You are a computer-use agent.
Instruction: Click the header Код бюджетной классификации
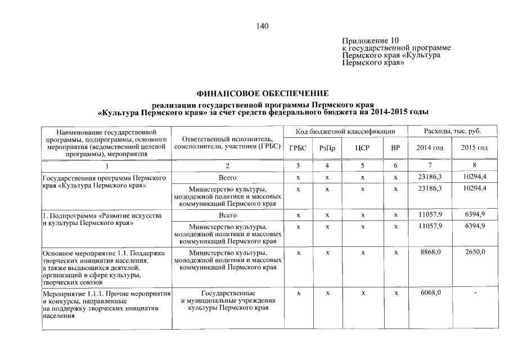click(346, 132)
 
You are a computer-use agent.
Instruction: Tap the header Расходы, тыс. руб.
click(452, 132)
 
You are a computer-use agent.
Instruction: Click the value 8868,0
click(431, 253)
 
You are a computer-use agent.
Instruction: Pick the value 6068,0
click(431, 293)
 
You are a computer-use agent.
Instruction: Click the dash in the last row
click(475, 293)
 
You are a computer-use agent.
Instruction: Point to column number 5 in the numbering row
click(363, 166)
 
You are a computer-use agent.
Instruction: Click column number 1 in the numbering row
click(106, 166)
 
